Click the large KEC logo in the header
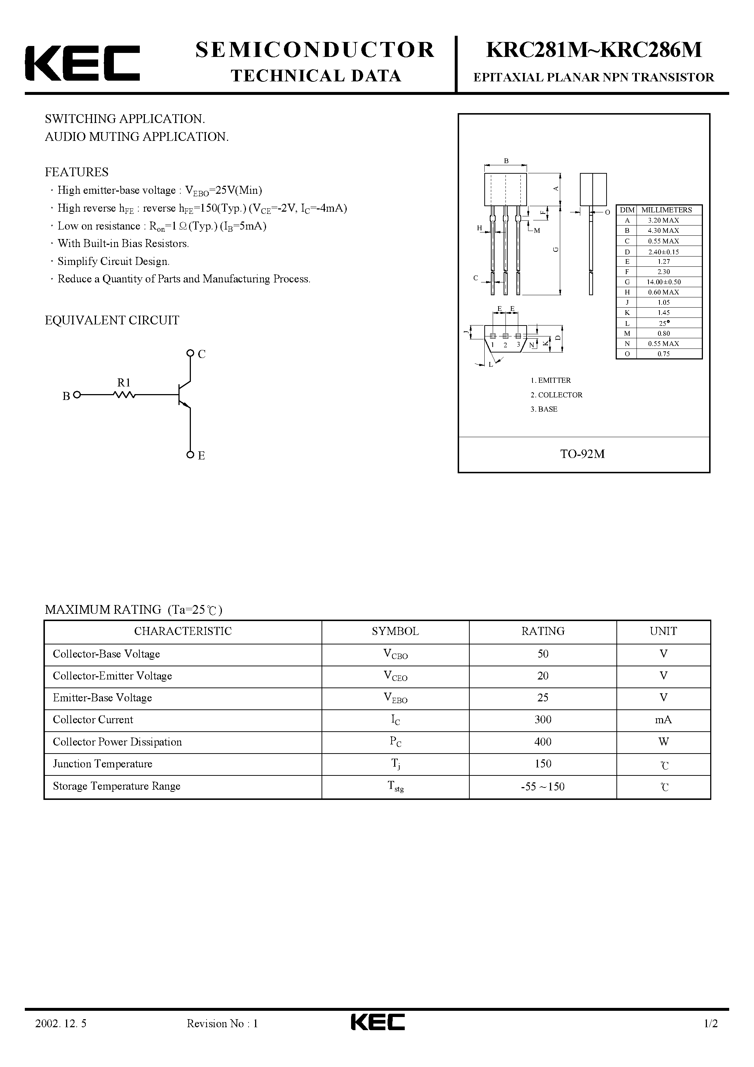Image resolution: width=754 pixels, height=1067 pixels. [x=82, y=63]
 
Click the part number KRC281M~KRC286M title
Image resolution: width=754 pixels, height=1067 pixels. [x=594, y=50]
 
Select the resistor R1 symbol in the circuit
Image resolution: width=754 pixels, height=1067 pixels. [x=124, y=395]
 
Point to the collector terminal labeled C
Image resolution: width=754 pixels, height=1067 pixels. [x=190, y=353]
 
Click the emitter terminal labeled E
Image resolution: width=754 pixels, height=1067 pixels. [x=190, y=455]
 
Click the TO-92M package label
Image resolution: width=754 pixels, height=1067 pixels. [x=582, y=454]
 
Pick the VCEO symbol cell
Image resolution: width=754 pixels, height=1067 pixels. [x=395, y=677]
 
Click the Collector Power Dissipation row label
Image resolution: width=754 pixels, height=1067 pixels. [x=117, y=742]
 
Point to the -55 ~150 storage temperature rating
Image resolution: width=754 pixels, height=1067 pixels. [x=542, y=786]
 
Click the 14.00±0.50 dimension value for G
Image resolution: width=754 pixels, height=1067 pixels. [x=664, y=282]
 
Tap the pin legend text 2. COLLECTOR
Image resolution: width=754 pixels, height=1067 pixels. [x=557, y=395]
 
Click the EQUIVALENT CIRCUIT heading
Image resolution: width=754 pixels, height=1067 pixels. [x=112, y=320]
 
